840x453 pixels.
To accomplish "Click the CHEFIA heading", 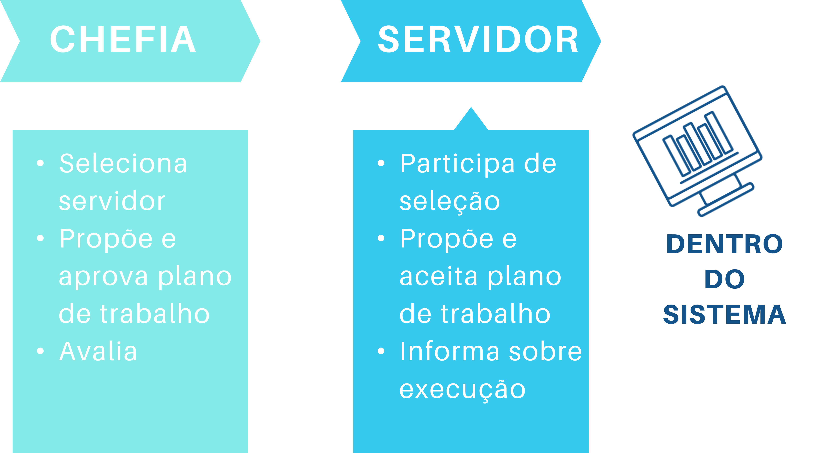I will click(123, 40).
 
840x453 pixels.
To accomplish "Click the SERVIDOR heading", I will click(478, 40).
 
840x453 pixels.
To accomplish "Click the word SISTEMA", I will click(724, 315).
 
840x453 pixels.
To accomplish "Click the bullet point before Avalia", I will click(40, 351).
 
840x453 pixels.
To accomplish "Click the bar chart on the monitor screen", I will click(698, 143).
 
